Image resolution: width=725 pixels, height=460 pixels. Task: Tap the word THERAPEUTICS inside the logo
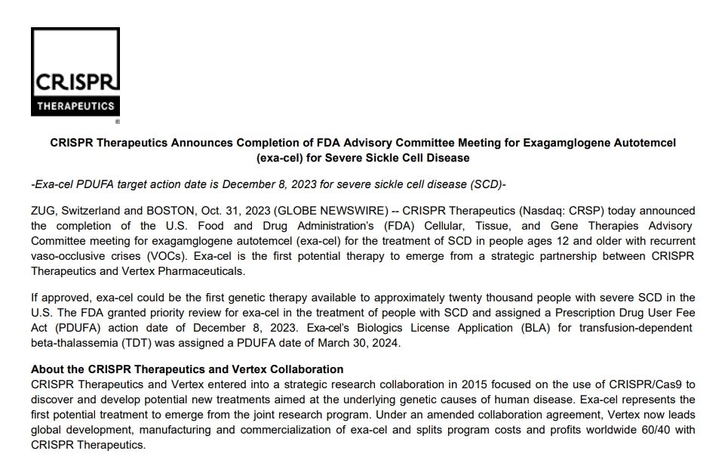click(75, 107)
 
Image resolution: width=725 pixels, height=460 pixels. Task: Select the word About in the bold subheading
click(47, 369)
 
